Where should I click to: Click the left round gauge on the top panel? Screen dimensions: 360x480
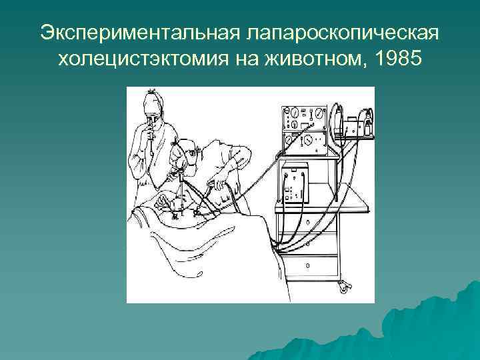point(292,111)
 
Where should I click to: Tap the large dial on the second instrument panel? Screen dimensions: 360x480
point(309,142)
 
